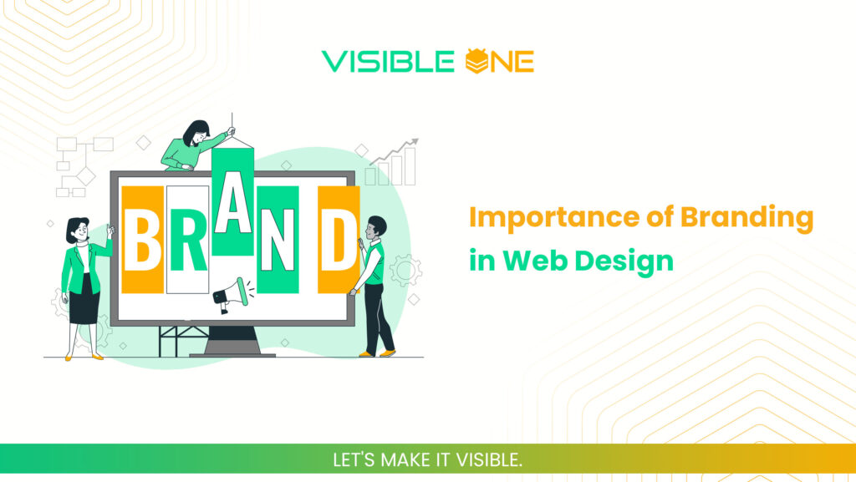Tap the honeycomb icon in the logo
point(475,61)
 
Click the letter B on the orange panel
point(142,240)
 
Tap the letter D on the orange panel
point(339,240)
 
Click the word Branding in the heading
point(746,218)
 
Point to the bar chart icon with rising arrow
point(392,164)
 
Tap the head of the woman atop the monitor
point(196,132)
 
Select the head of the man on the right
point(377,226)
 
